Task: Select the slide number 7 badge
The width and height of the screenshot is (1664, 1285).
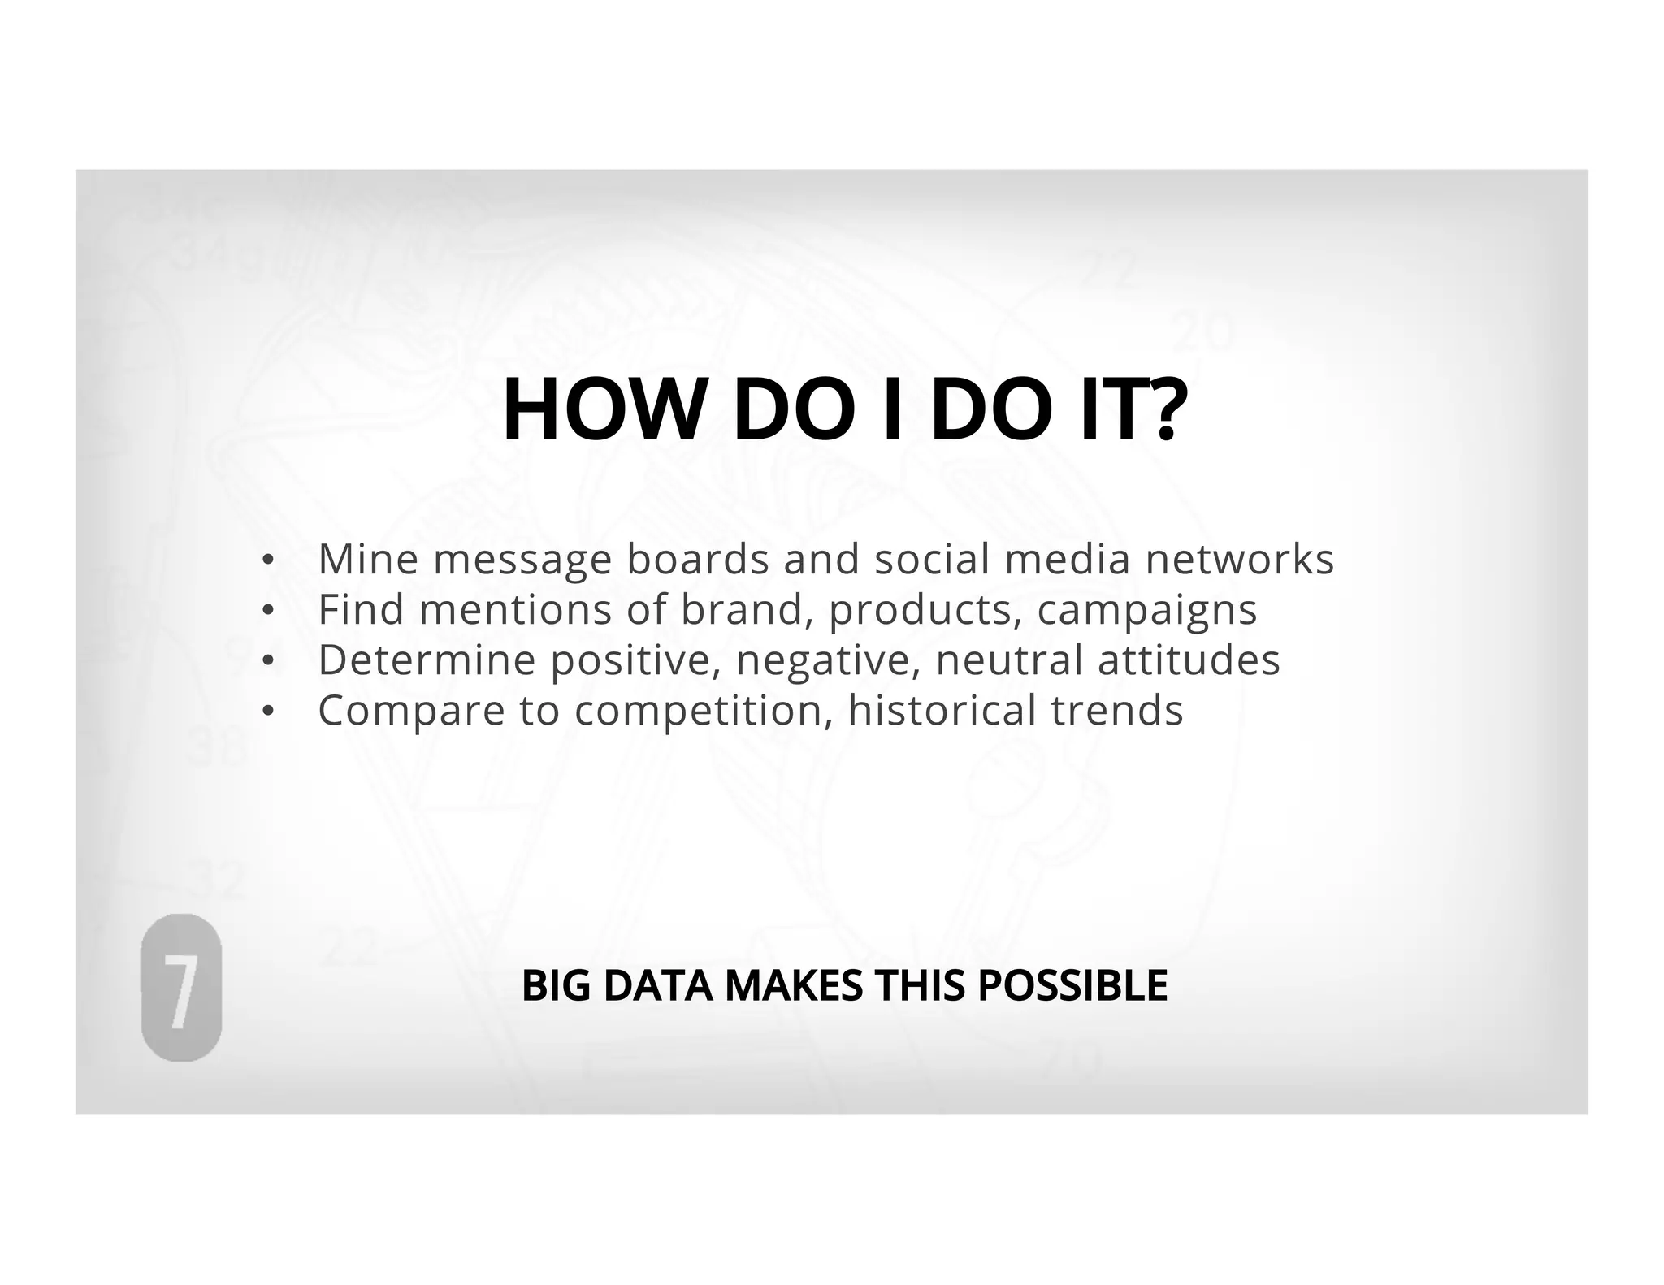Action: (x=181, y=987)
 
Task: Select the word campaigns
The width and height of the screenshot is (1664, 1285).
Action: (x=1146, y=611)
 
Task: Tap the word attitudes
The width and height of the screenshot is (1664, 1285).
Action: (x=1189, y=660)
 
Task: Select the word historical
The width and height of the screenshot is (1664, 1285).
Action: (x=942, y=710)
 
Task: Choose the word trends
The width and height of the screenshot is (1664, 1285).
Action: (x=1117, y=710)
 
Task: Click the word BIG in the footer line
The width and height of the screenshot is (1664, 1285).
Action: (x=556, y=985)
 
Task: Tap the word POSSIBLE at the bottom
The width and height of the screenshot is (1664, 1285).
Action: (x=1072, y=985)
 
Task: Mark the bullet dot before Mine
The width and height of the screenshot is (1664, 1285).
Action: (x=267, y=560)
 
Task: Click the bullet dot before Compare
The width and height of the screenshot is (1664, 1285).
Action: (x=267, y=712)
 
